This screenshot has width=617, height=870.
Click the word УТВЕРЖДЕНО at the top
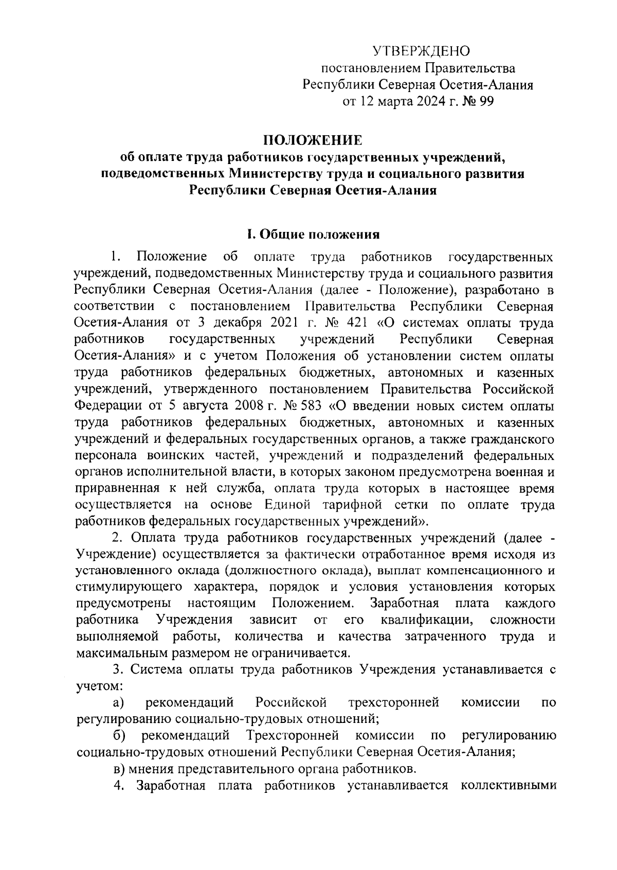click(421, 51)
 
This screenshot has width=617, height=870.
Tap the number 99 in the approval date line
click(485, 101)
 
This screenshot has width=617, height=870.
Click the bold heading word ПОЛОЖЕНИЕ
click(313, 140)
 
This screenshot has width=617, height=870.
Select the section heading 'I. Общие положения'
click(313, 235)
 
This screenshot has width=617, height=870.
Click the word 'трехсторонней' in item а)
click(393, 702)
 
